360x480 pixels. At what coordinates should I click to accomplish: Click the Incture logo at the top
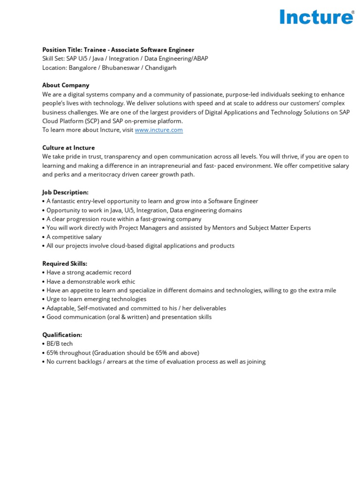(x=316, y=17)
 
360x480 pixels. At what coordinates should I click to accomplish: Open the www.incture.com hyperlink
(x=159, y=130)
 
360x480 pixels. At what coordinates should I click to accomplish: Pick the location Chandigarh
(x=160, y=67)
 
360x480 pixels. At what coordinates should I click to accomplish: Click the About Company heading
(x=66, y=85)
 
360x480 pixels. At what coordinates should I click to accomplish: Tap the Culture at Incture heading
(x=68, y=148)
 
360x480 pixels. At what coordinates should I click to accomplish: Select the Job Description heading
(x=65, y=192)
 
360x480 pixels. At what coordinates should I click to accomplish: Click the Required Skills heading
(x=65, y=263)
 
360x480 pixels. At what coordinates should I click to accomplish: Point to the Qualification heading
(x=62, y=335)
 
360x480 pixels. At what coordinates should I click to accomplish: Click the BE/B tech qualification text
(x=60, y=344)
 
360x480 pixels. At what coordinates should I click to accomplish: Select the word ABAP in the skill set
(x=199, y=59)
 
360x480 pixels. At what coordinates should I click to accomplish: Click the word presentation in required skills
(x=179, y=317)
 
